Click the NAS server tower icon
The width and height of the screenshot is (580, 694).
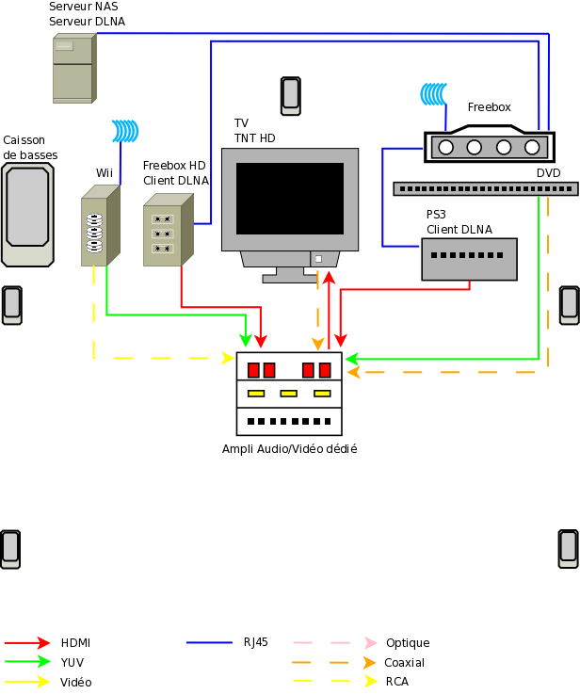74,68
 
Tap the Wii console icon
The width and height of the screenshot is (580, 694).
101,225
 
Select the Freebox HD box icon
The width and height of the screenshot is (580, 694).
169,230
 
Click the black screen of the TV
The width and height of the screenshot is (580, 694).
290,199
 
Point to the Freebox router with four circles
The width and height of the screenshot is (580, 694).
490,144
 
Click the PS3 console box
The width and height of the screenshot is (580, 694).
470,259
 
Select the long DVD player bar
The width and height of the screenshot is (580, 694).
486,189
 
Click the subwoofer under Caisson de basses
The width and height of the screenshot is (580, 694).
27,215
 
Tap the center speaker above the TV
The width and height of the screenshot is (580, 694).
291,96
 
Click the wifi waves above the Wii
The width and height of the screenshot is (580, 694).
125,131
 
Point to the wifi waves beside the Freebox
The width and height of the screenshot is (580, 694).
433,94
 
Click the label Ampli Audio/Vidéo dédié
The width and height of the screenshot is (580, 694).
289,449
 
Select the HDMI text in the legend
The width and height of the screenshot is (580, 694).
75,642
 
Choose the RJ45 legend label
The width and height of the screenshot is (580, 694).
256,642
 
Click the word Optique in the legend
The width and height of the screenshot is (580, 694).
408,642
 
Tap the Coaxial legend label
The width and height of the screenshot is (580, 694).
404,663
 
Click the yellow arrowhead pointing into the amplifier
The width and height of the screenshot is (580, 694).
228,358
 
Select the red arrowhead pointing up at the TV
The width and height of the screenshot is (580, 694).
329,278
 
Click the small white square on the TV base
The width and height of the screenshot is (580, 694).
318,259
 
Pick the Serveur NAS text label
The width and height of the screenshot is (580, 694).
84,7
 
